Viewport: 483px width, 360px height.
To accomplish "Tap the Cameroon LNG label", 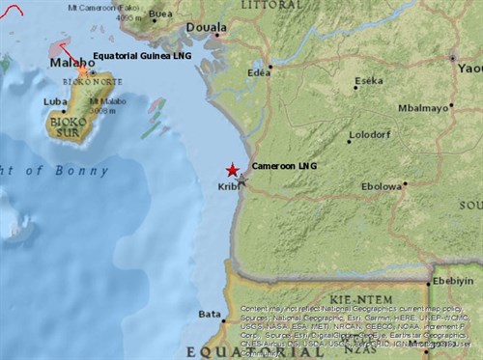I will tap(283, 166).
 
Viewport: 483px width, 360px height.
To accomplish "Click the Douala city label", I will tap(200, 27).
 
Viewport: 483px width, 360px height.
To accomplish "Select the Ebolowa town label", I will tap(381, 186).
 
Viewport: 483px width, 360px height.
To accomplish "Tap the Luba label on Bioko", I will tap(54, 99).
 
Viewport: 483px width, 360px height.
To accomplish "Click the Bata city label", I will tap(210, 314).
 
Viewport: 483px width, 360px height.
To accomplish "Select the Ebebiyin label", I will tap(457, 280).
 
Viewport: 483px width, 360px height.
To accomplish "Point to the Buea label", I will tap(160, 14).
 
